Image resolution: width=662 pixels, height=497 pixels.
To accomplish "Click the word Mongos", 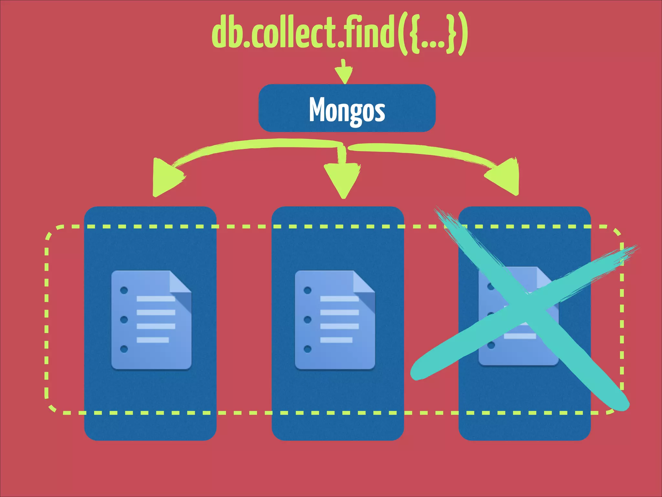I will pos(347,109).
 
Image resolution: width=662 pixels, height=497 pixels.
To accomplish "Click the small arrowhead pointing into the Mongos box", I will pos(344,75).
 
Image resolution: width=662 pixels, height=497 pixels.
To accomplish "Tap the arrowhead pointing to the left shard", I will pos(165,178).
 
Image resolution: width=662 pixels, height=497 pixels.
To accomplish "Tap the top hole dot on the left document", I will pos(124,290).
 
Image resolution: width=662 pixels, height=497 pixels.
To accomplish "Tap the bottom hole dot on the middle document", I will pos(307,349).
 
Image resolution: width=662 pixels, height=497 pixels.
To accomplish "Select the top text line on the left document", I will pos(156,299).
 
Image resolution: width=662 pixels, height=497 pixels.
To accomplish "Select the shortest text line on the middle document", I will pos(336,340).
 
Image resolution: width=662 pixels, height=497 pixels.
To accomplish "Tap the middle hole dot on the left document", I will pos(124,320).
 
